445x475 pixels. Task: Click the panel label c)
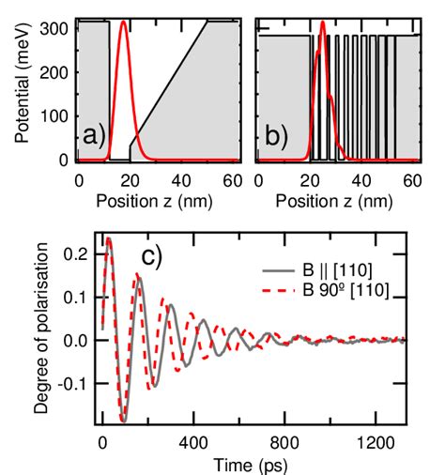point(153,256)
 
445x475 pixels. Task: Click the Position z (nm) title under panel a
point(159,199)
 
